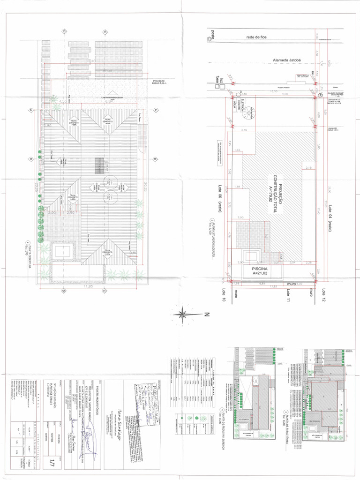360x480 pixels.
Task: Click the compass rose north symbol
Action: tap(187, 313)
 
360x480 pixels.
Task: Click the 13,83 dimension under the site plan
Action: tap(272, 285)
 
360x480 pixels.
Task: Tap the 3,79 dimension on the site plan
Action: tap(244, 130)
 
